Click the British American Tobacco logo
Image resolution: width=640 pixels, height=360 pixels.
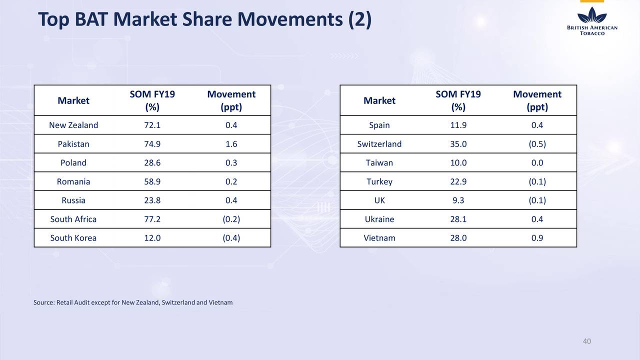(x=592, y=21)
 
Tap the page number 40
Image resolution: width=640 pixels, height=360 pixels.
(x=587, y=341)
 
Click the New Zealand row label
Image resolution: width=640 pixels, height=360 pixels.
(x=73, y=125)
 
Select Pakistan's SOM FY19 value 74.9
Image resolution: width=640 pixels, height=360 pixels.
(x=152, y=144)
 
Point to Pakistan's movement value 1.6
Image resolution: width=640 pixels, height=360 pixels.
(x=231, y=144)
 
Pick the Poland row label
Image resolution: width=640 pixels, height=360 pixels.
(x=73, y=162)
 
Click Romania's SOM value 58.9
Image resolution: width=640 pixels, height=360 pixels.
(x=152, y=181)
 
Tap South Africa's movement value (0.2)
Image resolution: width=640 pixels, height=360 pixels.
(x=231, y=219)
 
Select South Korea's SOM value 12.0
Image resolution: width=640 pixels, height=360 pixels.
(x=152, y=238)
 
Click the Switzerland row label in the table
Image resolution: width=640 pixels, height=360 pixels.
(x=379, y=144)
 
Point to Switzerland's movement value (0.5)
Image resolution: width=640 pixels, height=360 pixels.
(x=537, y=144)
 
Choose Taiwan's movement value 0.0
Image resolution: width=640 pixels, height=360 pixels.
(x=537, y=162)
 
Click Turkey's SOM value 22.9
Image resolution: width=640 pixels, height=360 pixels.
(x=458, y=181)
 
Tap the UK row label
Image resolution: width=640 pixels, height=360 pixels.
(x=379, y=200)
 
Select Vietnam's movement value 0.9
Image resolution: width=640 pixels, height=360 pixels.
(x=537, y=238)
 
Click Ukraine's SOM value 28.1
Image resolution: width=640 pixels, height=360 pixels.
(x=458, y=219)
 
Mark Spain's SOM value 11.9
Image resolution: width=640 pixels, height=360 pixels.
(x=458, y=125)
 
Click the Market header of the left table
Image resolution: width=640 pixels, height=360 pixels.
(x=73, y=100)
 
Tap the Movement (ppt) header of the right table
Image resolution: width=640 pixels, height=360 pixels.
(x=537, y=100)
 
